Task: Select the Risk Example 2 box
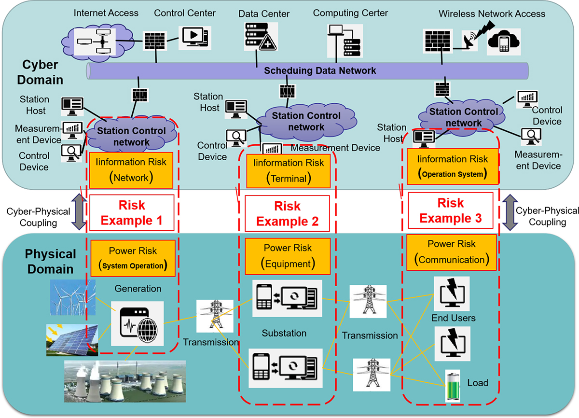coord(287,213)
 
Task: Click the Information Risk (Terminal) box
coord(288,170)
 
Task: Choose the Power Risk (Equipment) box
coord(288,256)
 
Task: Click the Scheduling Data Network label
coord(319,70)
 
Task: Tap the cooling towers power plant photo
coord(124,381)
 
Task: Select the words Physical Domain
coord(50,261)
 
